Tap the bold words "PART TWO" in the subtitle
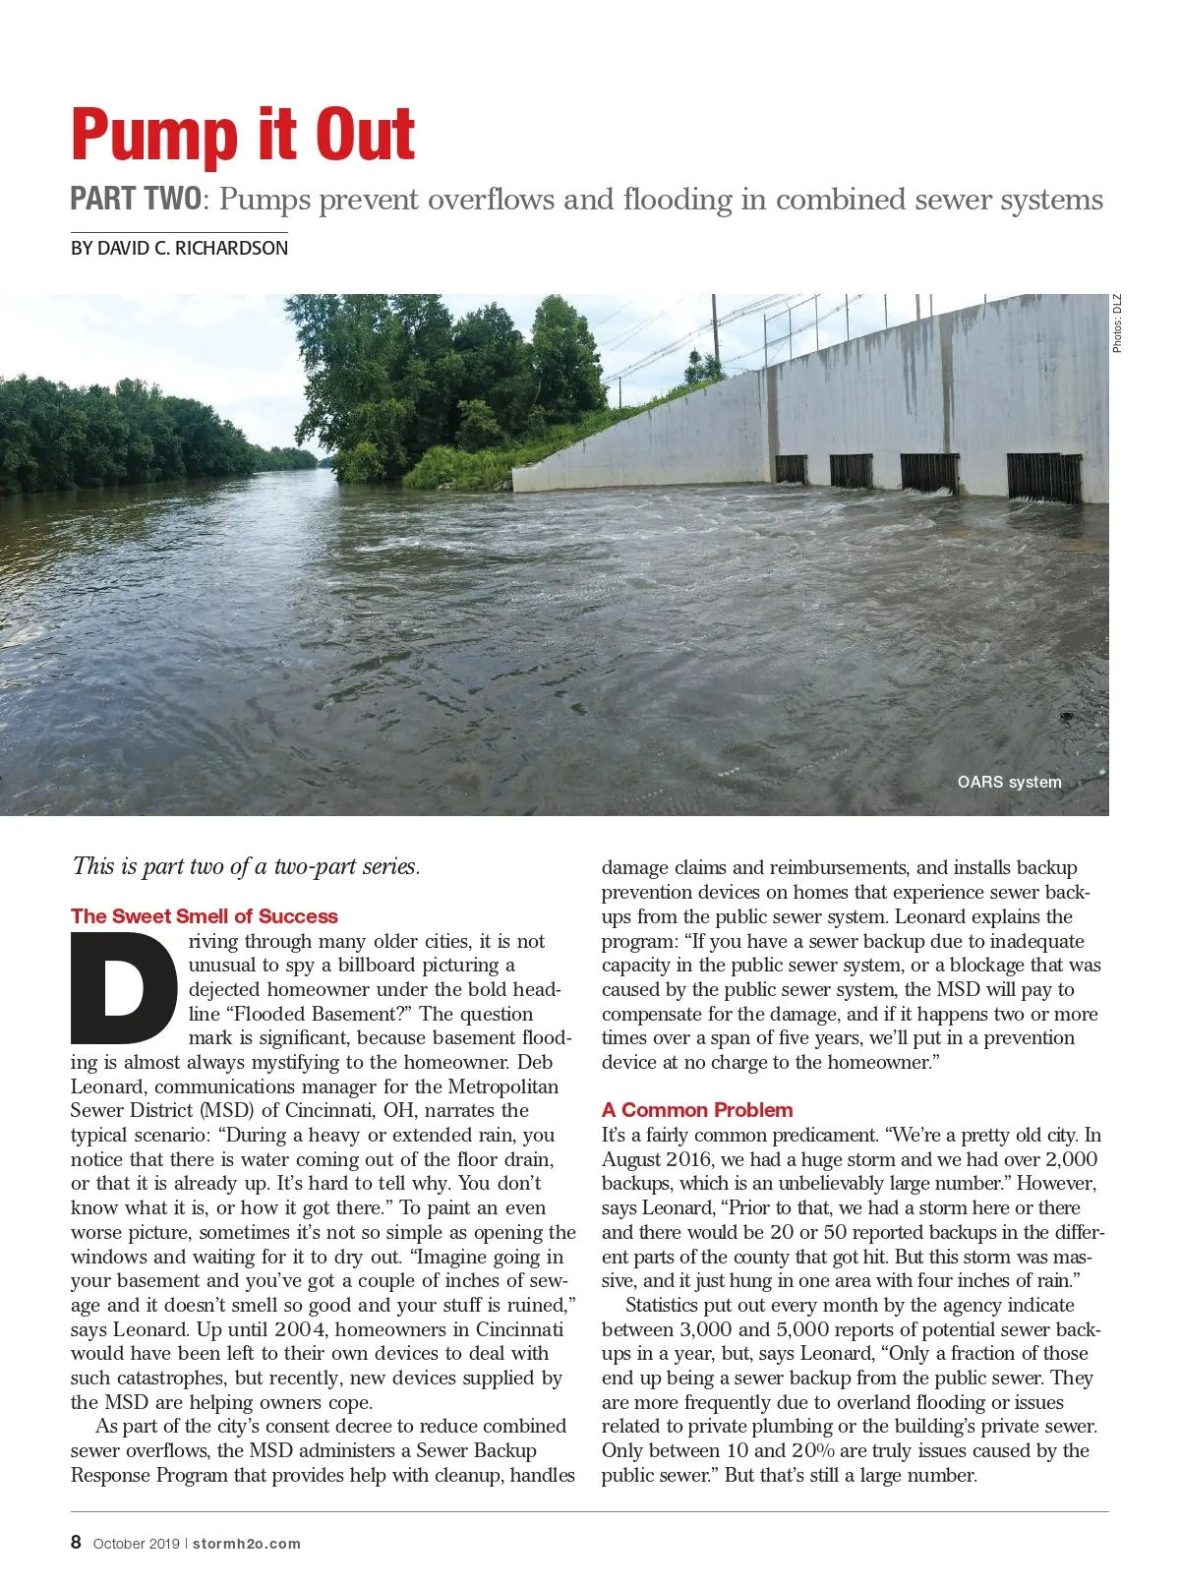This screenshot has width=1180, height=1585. [136, 200]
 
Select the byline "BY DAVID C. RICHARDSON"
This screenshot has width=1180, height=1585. [179, 249]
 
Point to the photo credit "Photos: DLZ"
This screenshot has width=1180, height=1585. [1117, 323]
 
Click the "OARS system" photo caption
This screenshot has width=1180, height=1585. [1009, 782]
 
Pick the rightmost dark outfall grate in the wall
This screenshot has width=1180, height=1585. [1043, 477]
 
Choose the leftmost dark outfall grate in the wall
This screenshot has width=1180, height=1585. [791, 469]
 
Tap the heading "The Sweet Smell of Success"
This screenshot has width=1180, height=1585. [204, 916]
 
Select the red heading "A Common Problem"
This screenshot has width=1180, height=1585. [697, 1110]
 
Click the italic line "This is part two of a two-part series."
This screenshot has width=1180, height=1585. [246, 866]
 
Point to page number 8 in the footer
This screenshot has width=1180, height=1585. [76, 1542]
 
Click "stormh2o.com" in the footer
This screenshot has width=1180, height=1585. [246, 1544]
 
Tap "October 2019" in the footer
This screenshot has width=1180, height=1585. [136, 1544]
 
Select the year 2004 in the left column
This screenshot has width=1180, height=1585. [297, 1329]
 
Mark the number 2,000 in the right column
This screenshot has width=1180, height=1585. [1070, 1159]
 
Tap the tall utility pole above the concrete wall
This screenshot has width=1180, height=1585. [715, 334]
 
